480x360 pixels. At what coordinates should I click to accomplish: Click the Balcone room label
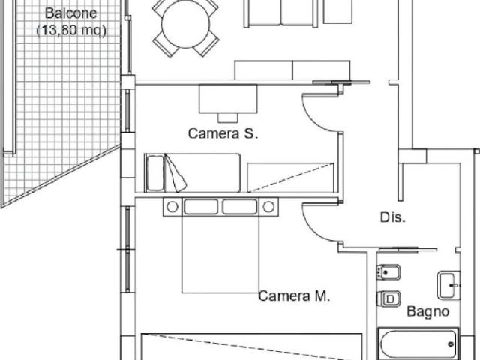pyautogui.click(x=70, y=13)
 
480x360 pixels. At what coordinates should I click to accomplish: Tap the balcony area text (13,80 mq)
pyautogui.click(x=71, y=31)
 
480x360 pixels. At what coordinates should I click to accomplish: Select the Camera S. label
pyautogui.click(x=223, y=133)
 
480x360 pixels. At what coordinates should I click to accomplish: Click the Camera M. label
pyautogui.click(x=294, y=295)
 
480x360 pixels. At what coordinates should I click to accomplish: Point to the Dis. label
pyautogui.click(x=393, y=217)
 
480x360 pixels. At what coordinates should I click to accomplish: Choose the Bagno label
pyautogui.click(x=428, y=312)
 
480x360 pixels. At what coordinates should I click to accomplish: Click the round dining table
pyautogui.click(x=186, y=23)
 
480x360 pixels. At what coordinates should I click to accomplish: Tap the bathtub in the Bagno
pyautogui.click(x=418, y=343)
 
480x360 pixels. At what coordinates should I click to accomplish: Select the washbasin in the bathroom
pyautogui.click(x=448, y=285)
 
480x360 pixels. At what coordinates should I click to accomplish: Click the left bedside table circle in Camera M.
pyautogui.click(x=172, y=207)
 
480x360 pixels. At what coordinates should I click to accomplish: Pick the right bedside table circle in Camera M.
pyautogui.click(x=268, y=207)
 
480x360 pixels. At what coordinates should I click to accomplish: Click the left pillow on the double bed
pyautogui.click(x=201, y=207)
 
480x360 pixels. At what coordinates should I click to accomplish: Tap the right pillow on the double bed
pyautogui.click(x=240, y=207)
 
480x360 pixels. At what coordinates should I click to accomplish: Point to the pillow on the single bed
pyautogui.click(x=155, y=173)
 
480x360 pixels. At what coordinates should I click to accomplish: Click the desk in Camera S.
pyautogui.click(x=228, y=98)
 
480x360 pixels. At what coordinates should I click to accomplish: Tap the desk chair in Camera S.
pyautogui.click(x=228, y=118)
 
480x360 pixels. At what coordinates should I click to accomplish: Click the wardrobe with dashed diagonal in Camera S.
pyautogui.click(x=290, y=178)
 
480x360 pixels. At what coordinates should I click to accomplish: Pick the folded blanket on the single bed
pyautogui.click(x=175, y=173)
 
